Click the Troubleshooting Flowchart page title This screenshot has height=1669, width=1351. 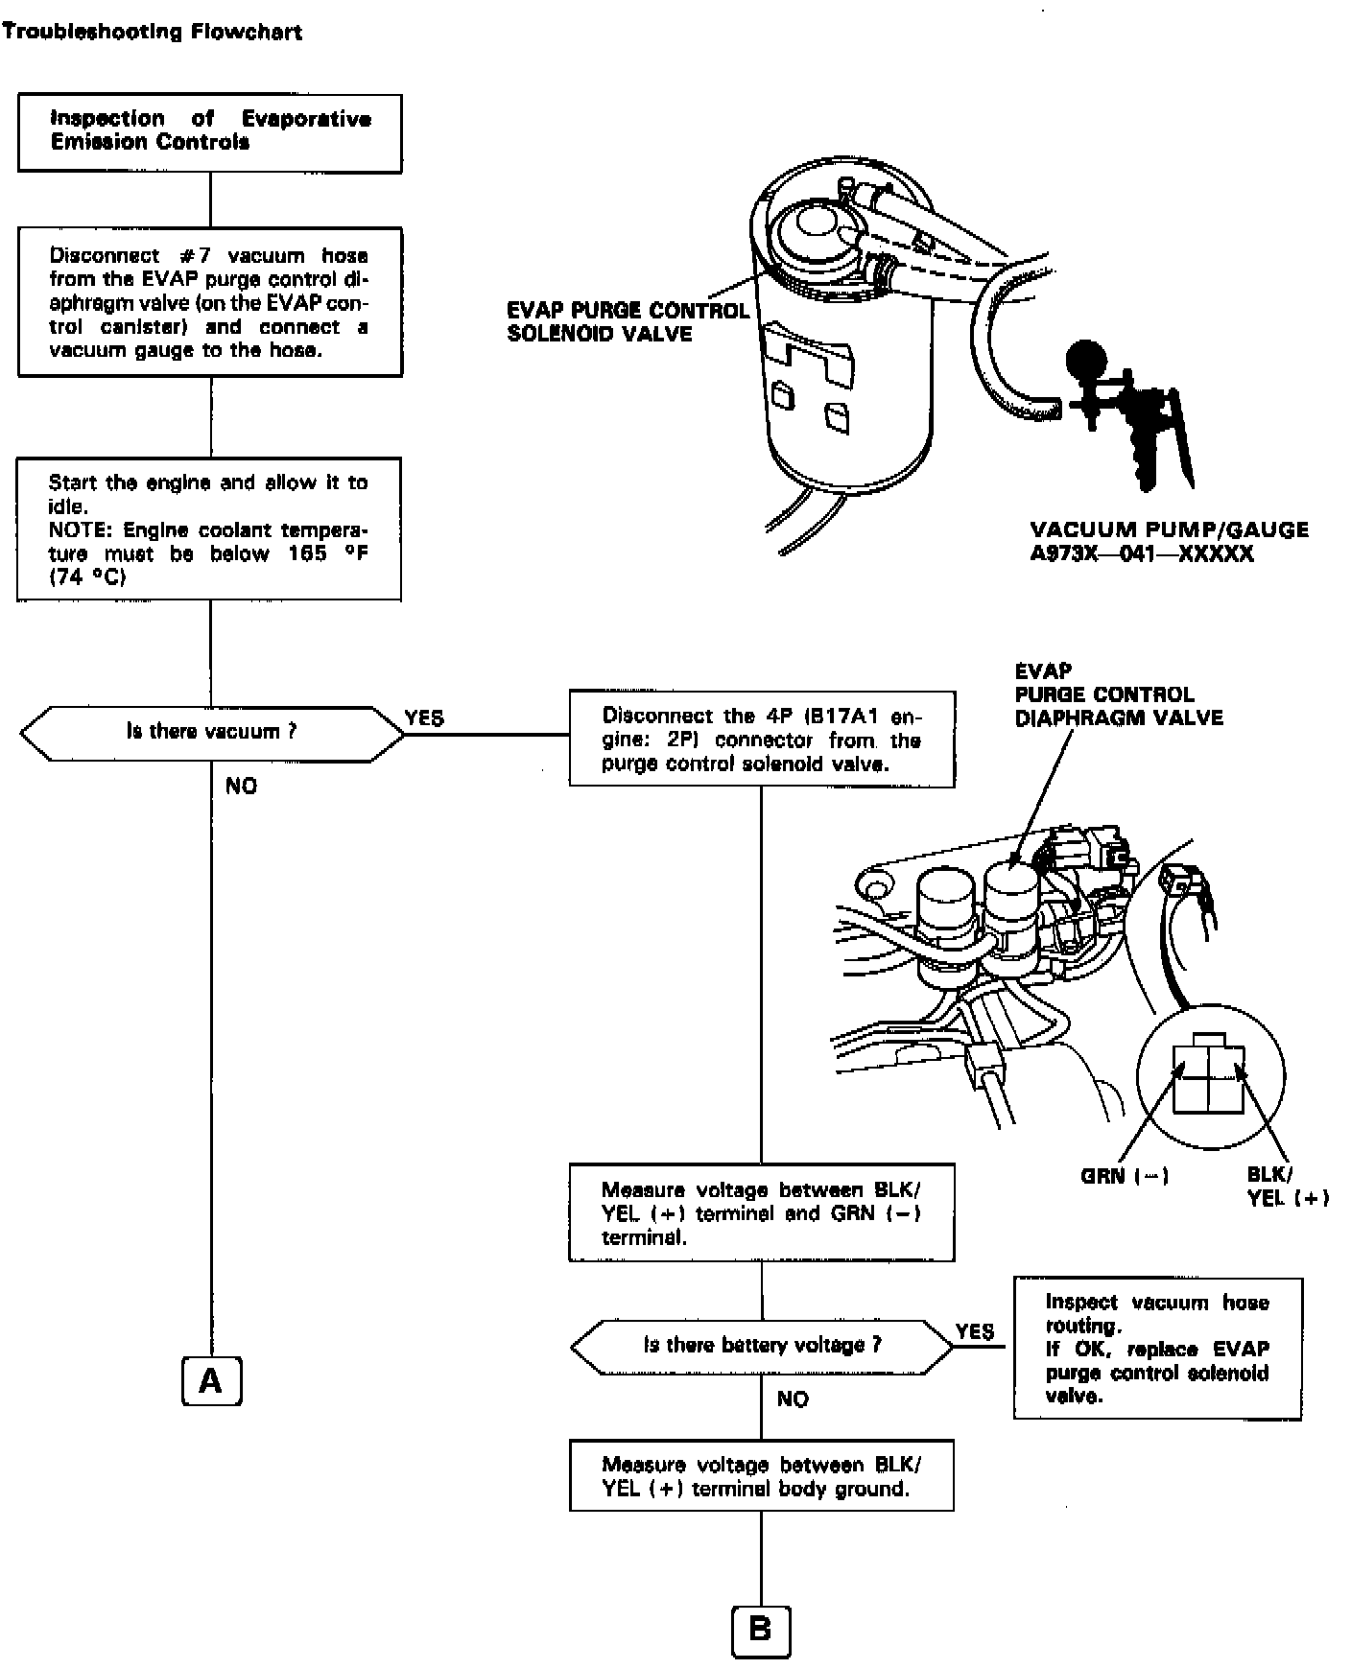point(152,32)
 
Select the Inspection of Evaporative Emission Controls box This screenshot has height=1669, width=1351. point(209,132)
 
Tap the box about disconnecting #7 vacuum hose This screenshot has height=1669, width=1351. point(209,302)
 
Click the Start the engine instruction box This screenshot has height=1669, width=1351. point(209,529)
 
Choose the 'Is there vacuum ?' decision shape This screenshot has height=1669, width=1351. point(211,734)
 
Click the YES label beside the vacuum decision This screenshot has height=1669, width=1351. point(424,718)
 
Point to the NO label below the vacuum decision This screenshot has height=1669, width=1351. point(242,787)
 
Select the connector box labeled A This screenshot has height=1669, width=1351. point(211,1381)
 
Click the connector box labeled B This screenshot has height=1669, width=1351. point(760,1630)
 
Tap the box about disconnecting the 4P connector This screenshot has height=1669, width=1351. point(762,739)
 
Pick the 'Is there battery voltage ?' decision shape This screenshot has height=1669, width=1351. point(762,1346)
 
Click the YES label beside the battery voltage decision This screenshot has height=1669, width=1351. point(975,1331)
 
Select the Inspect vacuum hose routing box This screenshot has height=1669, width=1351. point(1157,1349)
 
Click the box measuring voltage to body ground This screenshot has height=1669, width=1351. point(762,1476)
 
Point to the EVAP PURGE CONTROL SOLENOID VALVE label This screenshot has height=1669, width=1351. point(628,322)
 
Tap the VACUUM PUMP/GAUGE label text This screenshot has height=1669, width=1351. point(1169,542)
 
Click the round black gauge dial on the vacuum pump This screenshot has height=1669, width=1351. point(1084,360)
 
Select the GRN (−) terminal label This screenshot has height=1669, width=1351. point(1125,1175)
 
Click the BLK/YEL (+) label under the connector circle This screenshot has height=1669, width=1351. point(1286,1186)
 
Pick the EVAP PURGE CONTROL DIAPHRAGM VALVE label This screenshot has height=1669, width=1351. point(1119,694)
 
